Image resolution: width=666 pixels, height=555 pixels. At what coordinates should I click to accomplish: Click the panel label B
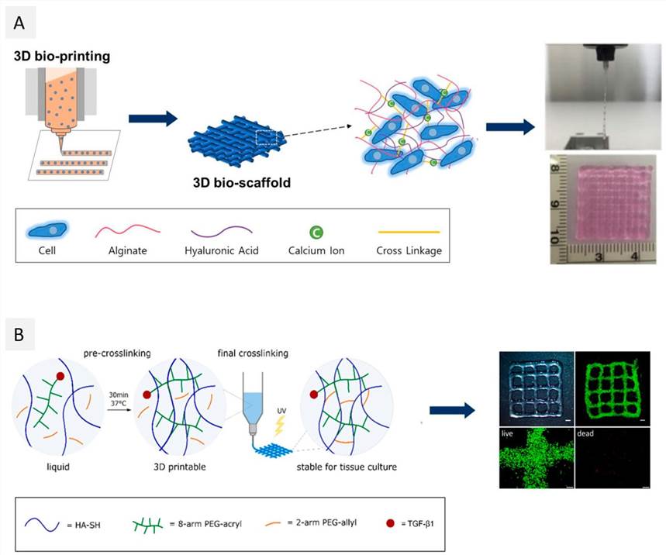coord(20,337)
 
